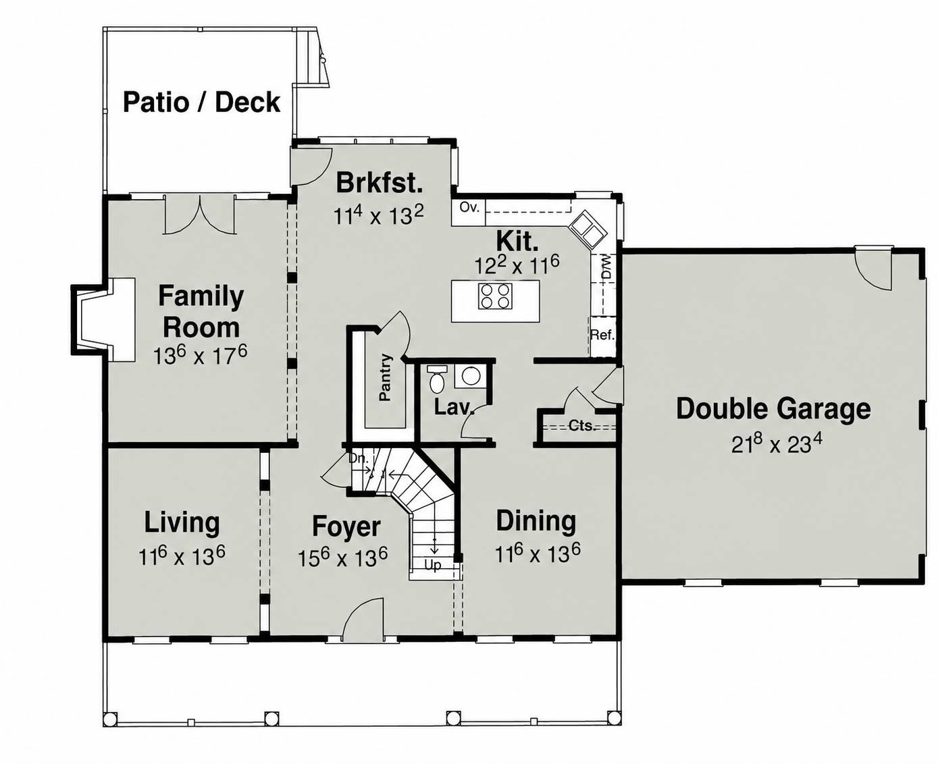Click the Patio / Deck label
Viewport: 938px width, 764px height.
tap(201, 103)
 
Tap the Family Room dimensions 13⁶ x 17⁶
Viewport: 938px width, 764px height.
tap(200, 355)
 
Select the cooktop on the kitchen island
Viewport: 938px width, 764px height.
tap(496, 296)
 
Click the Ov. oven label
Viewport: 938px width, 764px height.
tap(469, 207)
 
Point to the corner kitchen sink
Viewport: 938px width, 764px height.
tap(588, 229)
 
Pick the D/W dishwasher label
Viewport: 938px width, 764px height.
tap(606, 267)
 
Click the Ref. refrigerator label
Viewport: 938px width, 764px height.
tap(602, 335)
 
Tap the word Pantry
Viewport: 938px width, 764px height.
tap(386, 377)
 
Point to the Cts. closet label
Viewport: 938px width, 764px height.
tap(582, 426)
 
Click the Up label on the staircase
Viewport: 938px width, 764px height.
tap(432, 565)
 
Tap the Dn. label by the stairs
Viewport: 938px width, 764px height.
tap(358, 458)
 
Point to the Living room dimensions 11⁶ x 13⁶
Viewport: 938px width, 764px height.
tap(182, 557)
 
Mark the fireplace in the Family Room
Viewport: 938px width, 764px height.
tap(103, 319)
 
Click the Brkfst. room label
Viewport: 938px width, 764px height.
tap(379, 183)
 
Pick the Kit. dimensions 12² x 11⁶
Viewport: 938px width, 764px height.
tap(517, 265)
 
